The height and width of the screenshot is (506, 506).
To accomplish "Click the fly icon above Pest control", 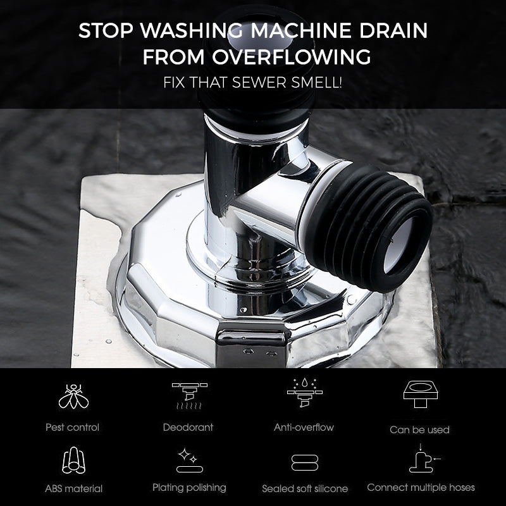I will [x=73, y=397].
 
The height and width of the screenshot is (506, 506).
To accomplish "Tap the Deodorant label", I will [x=188, y=427].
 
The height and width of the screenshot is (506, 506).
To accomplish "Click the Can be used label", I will [x=419, y=429].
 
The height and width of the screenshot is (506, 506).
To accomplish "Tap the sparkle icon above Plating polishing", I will [x=188, y=460].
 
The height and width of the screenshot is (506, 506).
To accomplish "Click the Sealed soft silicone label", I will [x=305, y=488].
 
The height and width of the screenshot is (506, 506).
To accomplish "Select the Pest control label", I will [x=73, y=427].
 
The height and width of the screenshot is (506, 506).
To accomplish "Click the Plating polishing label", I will [x=189, y=487].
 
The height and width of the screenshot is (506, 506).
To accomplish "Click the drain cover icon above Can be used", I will [x=421, y=392].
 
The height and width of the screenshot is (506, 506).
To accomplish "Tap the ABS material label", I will [x=73, y=488].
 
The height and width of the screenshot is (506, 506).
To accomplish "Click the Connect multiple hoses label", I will [x=421, y=487].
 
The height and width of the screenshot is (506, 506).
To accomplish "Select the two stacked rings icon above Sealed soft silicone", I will [x=304, y=462].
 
